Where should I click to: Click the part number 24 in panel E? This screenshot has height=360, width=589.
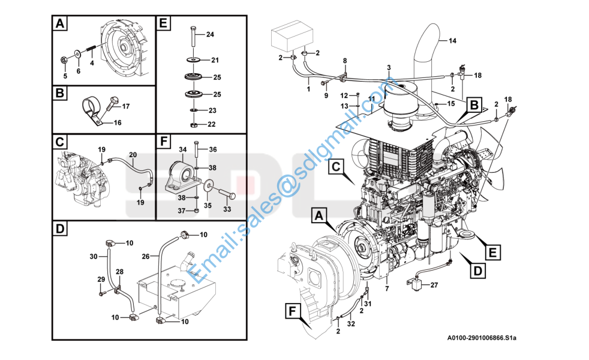(x=210, y=34)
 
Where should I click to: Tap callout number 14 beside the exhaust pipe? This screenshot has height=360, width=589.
(x=452, y=41)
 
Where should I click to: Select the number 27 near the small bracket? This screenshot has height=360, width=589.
(x=434, y=286)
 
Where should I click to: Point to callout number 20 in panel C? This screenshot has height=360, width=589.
(x=133, y=154)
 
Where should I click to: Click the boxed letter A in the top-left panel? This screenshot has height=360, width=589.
(x=59, y=24)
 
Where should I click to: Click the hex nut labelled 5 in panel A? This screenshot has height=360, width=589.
(x=64, y=59)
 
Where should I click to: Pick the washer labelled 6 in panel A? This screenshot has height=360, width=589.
(x=78, y=55)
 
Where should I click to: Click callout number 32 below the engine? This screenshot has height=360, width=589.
(x=351, y=323)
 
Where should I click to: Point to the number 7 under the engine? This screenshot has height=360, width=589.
(x=387, y=289)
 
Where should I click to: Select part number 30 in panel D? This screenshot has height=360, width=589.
(x=94, y=256)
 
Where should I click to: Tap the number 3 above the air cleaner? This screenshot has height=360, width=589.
(x=389, y=67)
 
